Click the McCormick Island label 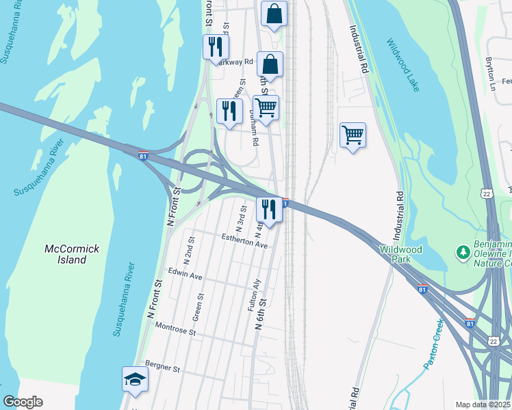coord(66,254)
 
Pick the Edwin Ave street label coord(185,277)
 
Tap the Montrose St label coord(175,331)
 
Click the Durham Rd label coord(254,131)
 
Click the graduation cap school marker coord(135,379)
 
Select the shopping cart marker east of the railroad coord(353,135)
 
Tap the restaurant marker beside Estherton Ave coord(269,209)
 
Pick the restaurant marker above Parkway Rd coord(216,47)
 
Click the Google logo coord(23,402)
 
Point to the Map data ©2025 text coord(483,405)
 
